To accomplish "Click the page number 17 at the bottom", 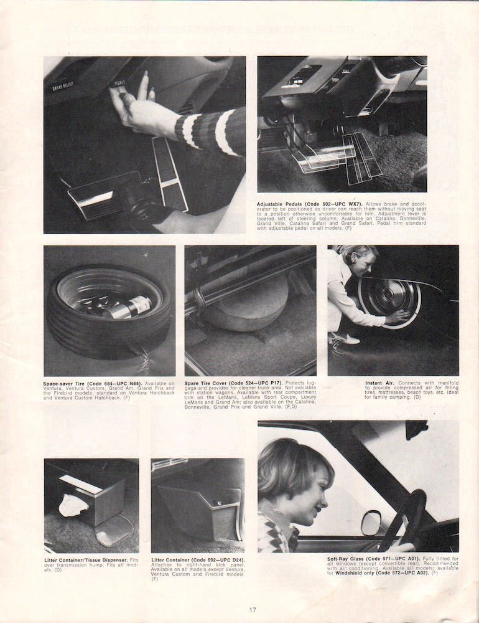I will coord(252,610).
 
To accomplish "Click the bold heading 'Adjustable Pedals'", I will coord(277,204).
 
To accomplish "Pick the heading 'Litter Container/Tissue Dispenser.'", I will coord(80,559).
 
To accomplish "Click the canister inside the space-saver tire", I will coord(127,307).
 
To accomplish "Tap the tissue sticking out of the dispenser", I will coord(73,505).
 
